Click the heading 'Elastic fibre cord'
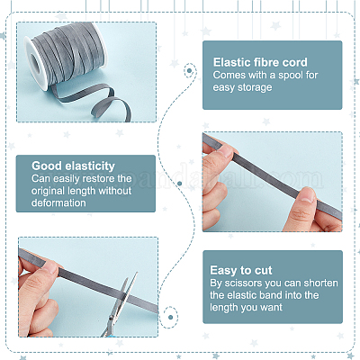[260, 62]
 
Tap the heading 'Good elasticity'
[73, 166]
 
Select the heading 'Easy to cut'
[241, 270]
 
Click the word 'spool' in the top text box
[291, 75]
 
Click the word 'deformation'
[58, 202]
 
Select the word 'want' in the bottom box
[271, 307]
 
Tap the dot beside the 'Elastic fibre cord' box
[189, 71]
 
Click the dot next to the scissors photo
[171, 317]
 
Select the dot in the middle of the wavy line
[180, 184]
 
